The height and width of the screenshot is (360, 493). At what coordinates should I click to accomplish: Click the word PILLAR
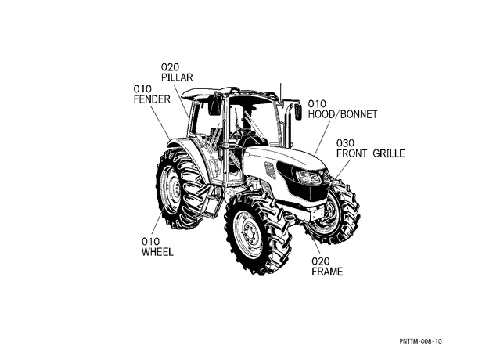coord(177,77)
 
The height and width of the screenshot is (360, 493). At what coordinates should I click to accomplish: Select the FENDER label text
coord(152,99)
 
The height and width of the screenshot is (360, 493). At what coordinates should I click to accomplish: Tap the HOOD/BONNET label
coord(343,114)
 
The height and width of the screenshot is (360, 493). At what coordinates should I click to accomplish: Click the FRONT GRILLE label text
coord(371,153)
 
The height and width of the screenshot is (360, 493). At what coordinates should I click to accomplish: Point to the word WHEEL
coord(157,252)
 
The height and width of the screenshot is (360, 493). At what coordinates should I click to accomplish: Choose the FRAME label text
coord(327,272)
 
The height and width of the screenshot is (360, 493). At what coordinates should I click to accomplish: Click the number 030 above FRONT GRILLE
coord(345,143)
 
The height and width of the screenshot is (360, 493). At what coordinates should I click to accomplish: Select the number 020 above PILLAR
coord(170,67)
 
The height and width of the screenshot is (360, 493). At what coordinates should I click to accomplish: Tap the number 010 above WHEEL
coord(150,242)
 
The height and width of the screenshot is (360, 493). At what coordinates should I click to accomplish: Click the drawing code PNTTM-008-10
coord(421,341)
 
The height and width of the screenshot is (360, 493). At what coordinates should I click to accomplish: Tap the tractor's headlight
coord(309,178)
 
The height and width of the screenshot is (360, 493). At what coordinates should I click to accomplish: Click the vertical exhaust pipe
coord(287,126)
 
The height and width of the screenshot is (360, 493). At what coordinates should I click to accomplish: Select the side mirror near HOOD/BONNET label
coord(297,112)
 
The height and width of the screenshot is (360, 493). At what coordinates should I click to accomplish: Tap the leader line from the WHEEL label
coord(157,225)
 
